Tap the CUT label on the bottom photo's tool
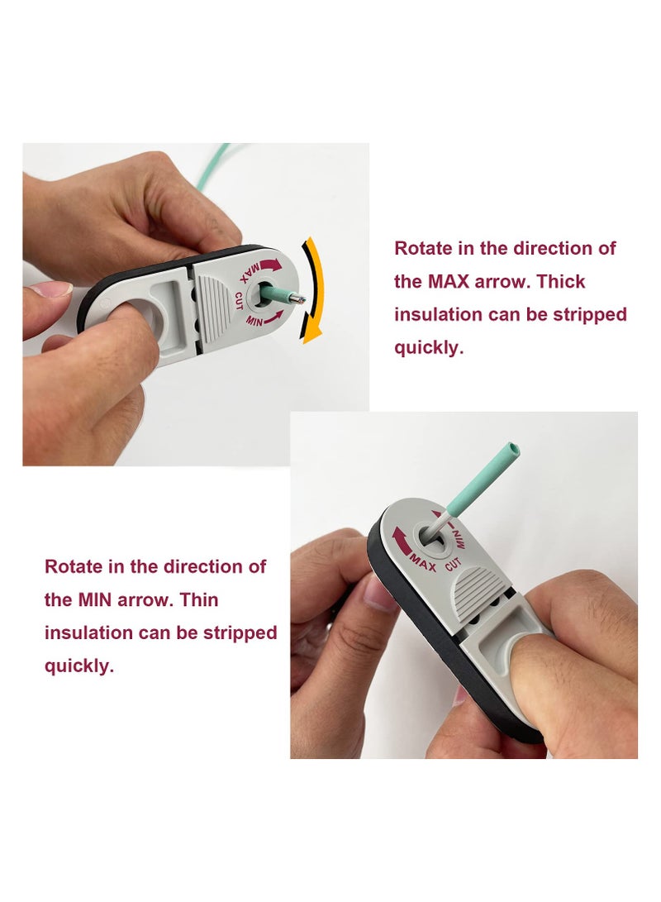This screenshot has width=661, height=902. click(452, 567)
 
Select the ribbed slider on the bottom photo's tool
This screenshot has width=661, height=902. click(482, 587)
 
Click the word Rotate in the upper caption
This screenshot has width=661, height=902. click(421, 248)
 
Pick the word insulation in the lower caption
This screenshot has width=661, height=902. click(89, 632)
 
